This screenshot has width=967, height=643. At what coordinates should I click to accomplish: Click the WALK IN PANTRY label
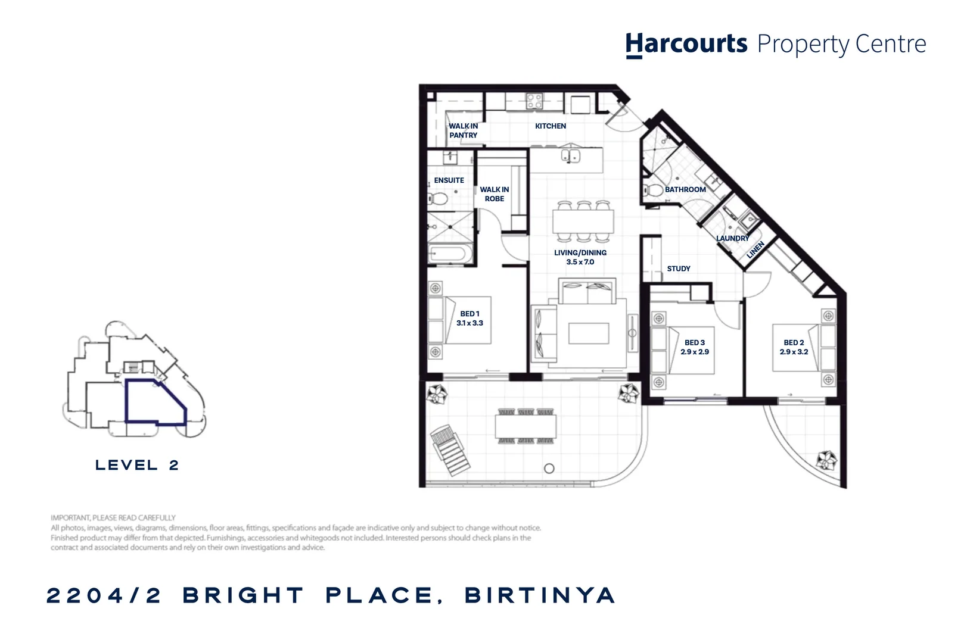463,130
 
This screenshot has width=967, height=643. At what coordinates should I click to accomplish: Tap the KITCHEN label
550,126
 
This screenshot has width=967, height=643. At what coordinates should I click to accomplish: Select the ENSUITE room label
449,180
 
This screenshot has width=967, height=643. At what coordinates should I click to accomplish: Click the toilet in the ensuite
439,198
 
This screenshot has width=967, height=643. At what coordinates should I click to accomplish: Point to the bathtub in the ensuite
449,254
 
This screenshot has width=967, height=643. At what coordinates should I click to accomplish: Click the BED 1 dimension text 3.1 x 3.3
469,323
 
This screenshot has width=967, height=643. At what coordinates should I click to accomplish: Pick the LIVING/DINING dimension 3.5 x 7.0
580,262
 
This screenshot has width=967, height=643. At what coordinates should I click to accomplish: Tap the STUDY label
678,269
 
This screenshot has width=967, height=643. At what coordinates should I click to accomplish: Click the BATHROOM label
685,189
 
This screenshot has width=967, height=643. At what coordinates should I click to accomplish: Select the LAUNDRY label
732,238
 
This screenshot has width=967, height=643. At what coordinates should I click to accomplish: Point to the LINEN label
755,250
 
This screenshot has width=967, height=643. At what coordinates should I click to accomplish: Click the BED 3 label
694,342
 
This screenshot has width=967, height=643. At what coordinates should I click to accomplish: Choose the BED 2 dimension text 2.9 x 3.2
794,352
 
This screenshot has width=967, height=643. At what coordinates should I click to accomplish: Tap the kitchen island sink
571,157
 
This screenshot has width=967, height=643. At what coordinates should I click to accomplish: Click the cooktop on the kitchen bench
534,101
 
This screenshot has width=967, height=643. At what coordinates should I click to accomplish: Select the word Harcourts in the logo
686,45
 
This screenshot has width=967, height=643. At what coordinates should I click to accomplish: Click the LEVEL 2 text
137,465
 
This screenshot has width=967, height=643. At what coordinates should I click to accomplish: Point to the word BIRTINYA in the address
539,595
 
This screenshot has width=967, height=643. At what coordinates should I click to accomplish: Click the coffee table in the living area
588,333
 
